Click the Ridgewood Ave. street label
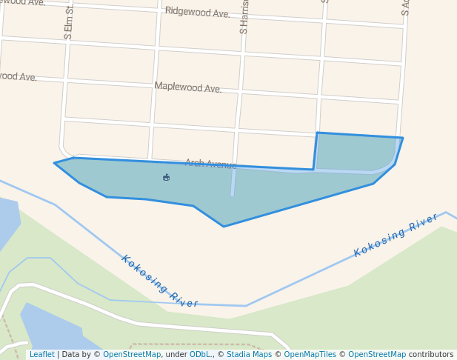pos(197,13)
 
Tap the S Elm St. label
pos(69,21)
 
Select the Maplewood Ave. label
pos(187,87)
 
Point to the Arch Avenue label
pos(210,164)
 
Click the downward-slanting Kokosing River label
pos(159,282)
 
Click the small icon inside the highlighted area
pos(166,177)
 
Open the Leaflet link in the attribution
pos(41,355)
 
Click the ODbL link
pos(200,355)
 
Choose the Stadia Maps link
pos(248,355)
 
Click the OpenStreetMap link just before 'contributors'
pos(376,355)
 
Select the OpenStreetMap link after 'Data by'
pos(132,355)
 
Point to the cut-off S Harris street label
pos(244,17)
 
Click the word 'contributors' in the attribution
pos(430,355)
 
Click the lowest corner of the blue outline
pos(224,226)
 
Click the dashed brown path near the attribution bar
pos(193,344)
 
